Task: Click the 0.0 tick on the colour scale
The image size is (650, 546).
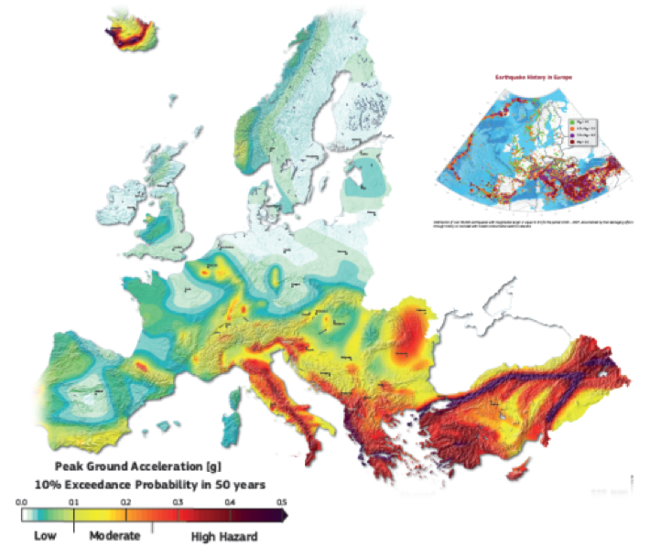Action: (x=22, y=502)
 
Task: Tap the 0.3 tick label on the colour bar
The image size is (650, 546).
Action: (x=179, y=502)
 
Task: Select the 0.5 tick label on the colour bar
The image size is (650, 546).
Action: (x=282, y=502)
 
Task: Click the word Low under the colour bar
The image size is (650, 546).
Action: (x=47, y=535)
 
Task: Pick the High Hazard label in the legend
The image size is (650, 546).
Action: (x=223, y=535)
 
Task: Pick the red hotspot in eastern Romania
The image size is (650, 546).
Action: (x=408, y=337)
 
